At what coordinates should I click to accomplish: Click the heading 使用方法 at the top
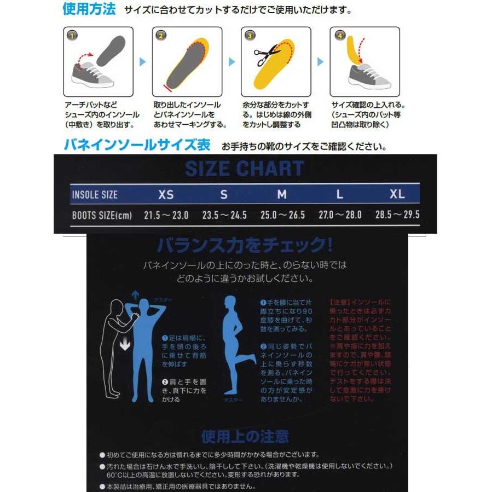[x=89, y=9]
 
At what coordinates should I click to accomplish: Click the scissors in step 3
[x=267, y=54]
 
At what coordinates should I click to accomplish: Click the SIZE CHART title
[x=244, y=169]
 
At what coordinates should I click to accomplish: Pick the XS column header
[x=166, y=194]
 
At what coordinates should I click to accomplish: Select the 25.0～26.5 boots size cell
[x=282, y=215]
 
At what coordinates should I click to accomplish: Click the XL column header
[x=397, y=194]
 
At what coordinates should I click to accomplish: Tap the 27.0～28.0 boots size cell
[x=340, y=215]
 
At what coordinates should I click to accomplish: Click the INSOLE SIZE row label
[x=94, y=195]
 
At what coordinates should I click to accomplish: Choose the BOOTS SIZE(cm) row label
[x=102, y=215]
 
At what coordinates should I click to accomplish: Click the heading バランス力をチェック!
[x=244, y=245]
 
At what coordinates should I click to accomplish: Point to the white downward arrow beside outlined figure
[x=125, y=344]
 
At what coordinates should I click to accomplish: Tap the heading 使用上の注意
[x=245, y=436]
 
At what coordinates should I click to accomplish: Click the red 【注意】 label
[x=340, y=302]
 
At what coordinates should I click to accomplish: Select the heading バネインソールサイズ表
[x=137, y=145]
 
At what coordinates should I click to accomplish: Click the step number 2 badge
[x=160, y=36]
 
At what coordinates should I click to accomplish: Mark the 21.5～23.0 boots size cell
[x=166, y=215]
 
